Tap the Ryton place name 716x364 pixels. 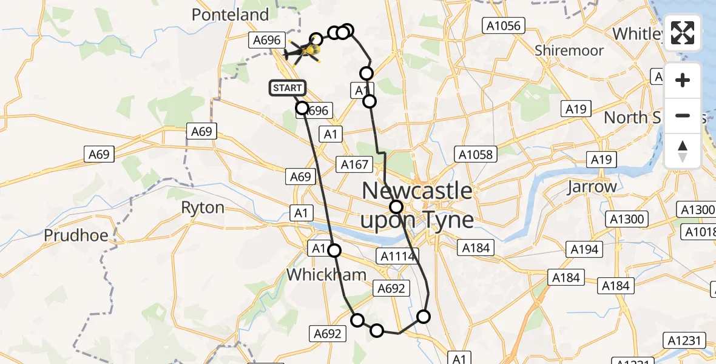point(203,207)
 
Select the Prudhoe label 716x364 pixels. point(76,235)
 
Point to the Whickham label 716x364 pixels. point(326,274)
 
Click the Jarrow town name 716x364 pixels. point(592,187)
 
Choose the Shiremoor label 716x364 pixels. point(569,50)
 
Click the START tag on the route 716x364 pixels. point(286,89)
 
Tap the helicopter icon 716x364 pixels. point(303,51)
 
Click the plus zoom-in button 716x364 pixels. point(683,80)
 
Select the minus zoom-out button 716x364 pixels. point(683,115)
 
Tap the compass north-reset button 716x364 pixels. point(683,150)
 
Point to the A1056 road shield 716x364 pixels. point(504,25)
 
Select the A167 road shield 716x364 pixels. point(355,164)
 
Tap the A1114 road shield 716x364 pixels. point(397,257)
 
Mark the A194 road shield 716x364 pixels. point(584,249)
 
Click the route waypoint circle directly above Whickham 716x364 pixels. point(334,250)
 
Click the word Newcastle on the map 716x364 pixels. point(417,191)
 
